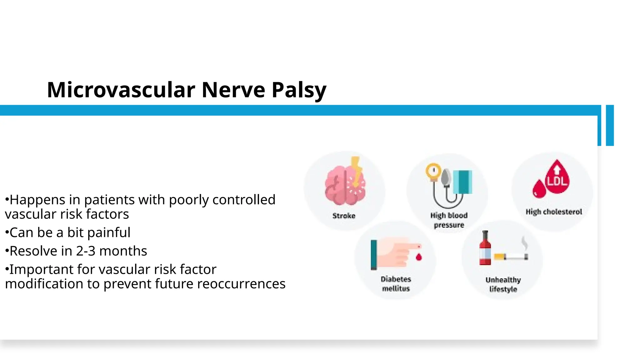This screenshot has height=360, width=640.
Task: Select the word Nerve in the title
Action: [233, 90]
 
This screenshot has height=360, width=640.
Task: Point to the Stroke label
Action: [344, 216]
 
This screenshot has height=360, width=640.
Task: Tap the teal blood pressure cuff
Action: [462, 182]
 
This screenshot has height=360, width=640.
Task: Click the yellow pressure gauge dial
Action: [433, 171]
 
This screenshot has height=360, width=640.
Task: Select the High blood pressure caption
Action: [449, 220]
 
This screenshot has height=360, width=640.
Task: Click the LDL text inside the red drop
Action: [557, 181]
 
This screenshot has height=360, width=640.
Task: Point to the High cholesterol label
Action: [554, 212]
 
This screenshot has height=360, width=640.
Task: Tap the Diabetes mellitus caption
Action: [396, 284]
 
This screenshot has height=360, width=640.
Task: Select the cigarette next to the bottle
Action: [511, 257]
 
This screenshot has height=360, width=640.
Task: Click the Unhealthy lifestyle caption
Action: [503, 284]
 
